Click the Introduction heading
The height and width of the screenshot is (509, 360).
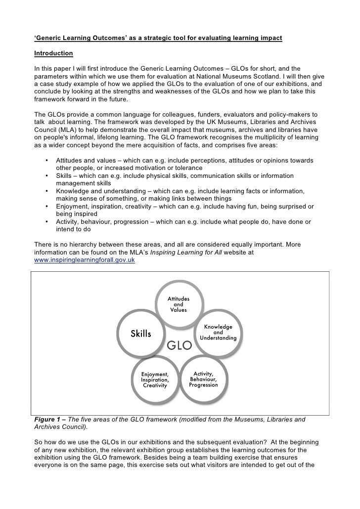click(53, 53)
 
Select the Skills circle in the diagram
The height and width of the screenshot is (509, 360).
click(141, 334)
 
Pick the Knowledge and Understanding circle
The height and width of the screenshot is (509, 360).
click(218, 333)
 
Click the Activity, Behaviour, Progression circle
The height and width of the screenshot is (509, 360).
click(203, 379)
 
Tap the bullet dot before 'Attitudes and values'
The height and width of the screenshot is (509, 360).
click(46, 161)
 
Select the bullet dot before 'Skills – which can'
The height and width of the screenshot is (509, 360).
click(46, 176)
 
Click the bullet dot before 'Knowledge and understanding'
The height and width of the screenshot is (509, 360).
click(46, 191)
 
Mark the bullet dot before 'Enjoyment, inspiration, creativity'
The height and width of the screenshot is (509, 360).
click(46, 207)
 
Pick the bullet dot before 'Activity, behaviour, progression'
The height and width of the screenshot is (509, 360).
click(46, 222)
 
